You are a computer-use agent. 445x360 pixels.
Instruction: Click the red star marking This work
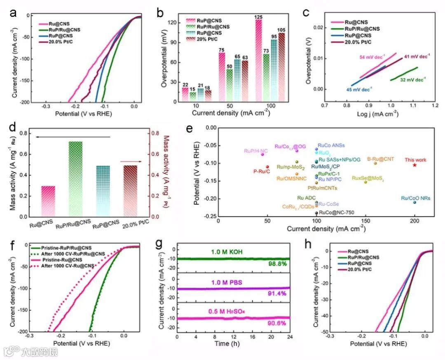tap(415, 165)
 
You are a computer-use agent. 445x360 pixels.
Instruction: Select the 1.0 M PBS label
tap(233, 280)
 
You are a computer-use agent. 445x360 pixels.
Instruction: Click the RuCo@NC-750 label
tap(336, 213)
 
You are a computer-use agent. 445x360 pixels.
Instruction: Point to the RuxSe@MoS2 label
tap(368, 178)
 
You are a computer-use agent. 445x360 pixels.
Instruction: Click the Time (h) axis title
tap(233, 343)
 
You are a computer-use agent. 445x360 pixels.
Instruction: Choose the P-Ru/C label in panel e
tap(261, 171)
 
